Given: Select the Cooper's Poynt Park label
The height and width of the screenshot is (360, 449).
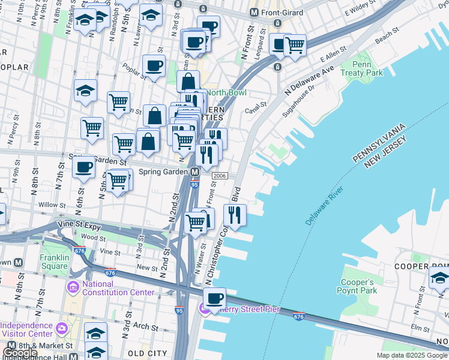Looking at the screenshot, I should point(358,286).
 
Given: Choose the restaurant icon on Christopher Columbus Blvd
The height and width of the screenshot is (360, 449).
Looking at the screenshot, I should point(235,215).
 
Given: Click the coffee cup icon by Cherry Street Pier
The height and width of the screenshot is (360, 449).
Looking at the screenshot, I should point(214,298).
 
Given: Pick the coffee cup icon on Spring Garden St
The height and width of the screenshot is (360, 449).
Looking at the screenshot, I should point(83,166).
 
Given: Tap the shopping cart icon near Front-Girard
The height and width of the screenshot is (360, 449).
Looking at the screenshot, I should point(295,44).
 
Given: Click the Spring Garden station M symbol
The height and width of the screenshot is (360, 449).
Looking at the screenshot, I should point(195,172).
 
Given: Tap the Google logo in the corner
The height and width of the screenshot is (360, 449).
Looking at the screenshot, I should point(20,353).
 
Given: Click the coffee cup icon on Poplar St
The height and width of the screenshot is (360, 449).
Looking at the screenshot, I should point(153,66).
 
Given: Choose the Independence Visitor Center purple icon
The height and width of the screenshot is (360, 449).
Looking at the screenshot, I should point(61,328).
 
